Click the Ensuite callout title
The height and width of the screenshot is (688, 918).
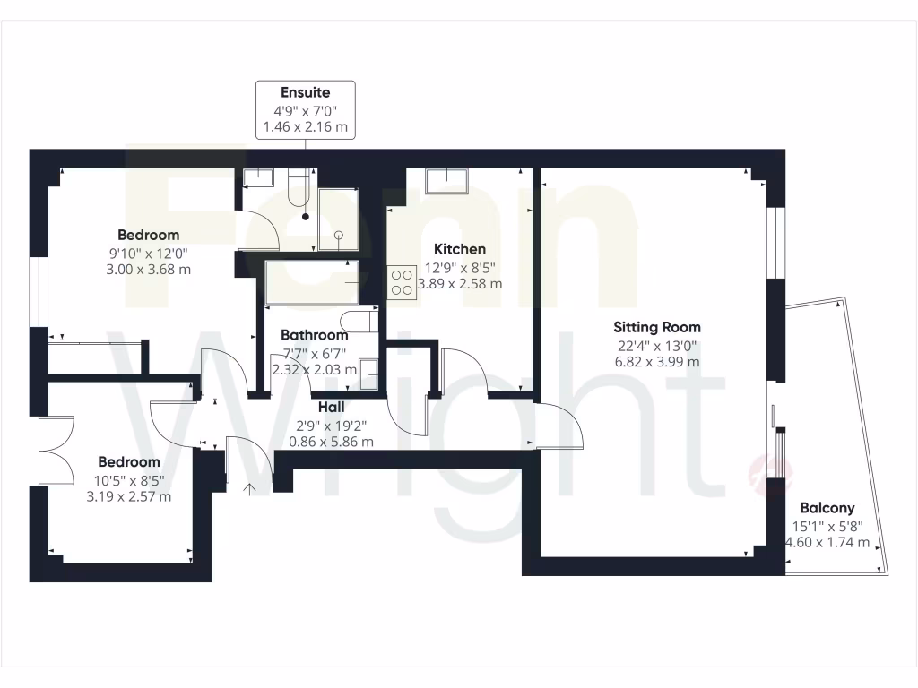click(306, 92)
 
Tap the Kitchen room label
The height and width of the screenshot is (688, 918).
click(460, 249)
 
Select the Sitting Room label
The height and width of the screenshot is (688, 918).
click(657, 327)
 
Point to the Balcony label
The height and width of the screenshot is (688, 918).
click(827, 507)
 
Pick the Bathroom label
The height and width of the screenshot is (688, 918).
click(314, 335)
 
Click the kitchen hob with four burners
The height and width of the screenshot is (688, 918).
click(401, 282)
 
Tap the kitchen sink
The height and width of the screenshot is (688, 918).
click(446, 180)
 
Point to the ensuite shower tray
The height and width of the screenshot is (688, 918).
click(337, 219)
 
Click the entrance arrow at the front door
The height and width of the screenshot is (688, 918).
click(250, 487)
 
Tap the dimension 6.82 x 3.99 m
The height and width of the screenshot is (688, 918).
click(656, 362)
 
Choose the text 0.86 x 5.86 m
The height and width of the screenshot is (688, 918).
click(332, 442)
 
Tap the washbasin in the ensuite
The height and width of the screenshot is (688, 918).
click(258, 176)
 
